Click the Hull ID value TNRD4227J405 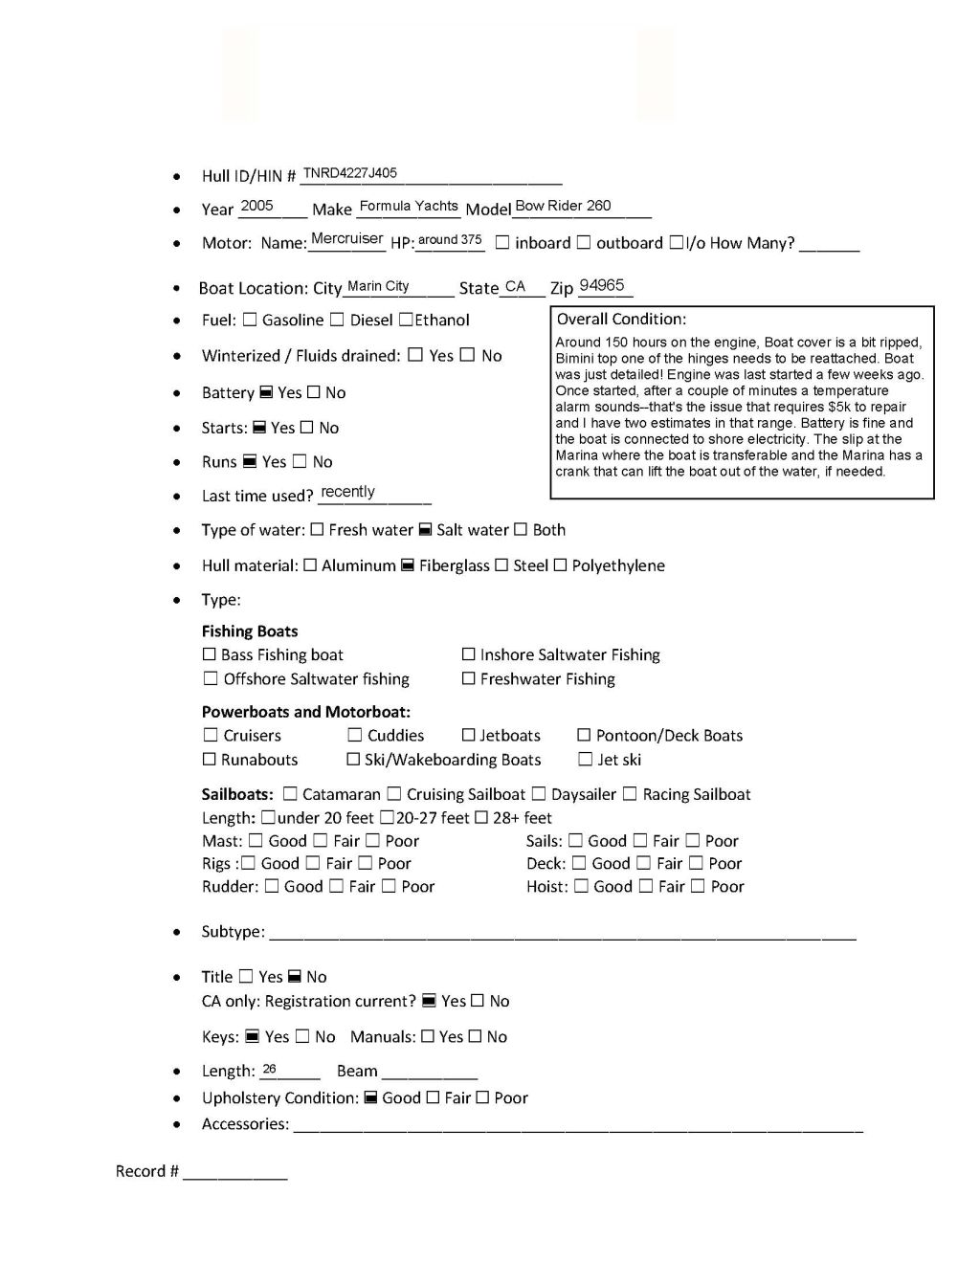(349, 173)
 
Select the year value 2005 (256, 206)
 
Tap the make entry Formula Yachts (409, 206)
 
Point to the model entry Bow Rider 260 (563, 206)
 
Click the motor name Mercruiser (347, 238)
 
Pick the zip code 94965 (602, 285)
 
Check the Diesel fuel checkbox (337, 320)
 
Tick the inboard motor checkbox (502, 243)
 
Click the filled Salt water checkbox (425, 530)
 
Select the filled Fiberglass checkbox (407, 565)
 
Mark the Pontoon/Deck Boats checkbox (584, 736)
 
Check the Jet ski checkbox (586, 760)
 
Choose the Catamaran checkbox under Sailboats (290, 794)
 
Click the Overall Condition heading (621, 320)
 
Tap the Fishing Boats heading (250, 631)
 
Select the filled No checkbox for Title (295, 977)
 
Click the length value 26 (269, 1069)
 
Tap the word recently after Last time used (347, 492)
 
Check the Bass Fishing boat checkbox (210, 655)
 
